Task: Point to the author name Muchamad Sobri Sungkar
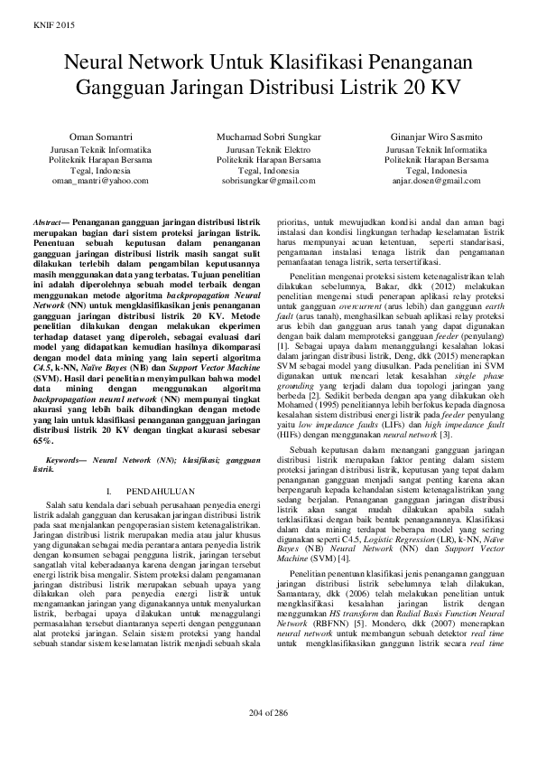[x=268, y=136]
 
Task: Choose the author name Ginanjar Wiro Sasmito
[x=436, y=136]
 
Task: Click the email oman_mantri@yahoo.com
[x=99, y=181]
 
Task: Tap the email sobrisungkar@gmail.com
[x=268, y=181]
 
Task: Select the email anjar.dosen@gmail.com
[x=436, y=181]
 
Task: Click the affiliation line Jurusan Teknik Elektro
[x=268, y=148]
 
